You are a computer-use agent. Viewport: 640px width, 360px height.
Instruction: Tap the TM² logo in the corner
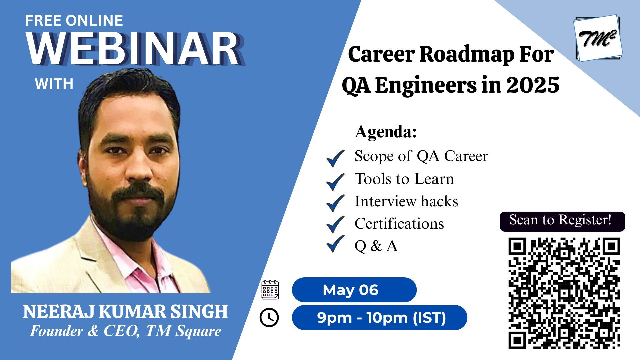tap(598, 38)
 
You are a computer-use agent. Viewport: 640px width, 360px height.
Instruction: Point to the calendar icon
tap(270, 290)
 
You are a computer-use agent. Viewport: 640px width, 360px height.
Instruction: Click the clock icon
tap(269, 317)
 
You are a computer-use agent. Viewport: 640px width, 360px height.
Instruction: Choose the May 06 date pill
tap(354, 290)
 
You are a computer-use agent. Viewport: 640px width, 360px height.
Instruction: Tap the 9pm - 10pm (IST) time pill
tap(379, 318)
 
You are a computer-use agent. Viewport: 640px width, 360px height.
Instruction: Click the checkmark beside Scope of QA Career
tap(335, 158)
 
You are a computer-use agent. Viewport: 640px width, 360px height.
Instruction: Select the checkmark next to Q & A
tap(335, 244)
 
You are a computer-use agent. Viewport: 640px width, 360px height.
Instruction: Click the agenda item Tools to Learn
tap(404, 179)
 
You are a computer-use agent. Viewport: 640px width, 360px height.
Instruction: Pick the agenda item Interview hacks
tap(406, 201)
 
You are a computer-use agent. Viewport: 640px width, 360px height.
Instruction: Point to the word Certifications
tap(399, 224)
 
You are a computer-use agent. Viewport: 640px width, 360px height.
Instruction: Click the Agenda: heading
tap(386, 132)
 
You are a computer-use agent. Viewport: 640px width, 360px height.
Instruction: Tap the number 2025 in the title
tap(533, 85)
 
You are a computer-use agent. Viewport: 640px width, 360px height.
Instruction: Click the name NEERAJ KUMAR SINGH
tap(125, 312)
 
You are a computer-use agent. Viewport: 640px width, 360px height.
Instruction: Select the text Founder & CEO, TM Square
tap(126, 331)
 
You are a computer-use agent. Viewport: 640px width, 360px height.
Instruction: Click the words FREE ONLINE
tap(74, 21)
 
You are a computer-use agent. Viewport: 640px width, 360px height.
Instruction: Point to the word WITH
tap(54, 84)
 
